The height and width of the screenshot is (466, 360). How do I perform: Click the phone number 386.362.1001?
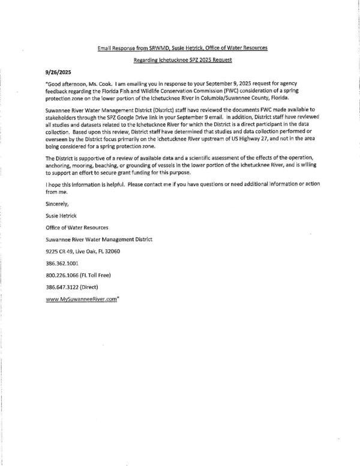pyautogui.click(x=61, y=263)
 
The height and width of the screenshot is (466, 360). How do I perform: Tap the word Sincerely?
pyautogui.click(x=59, y=204)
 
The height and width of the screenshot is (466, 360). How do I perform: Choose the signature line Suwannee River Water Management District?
pyautogui.click(x=98, y=239)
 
